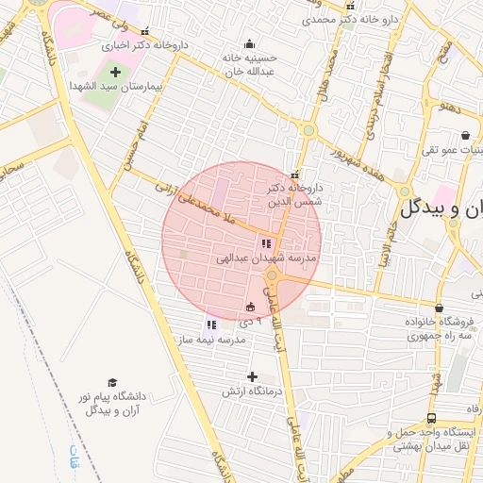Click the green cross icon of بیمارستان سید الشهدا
tap(116, 72)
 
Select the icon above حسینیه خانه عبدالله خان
tap(249, 43)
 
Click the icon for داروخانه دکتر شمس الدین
tap(294, 175)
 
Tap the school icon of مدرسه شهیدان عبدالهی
tap(264, 243)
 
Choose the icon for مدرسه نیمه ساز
tap(210, 325)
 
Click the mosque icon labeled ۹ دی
tap(250, 307)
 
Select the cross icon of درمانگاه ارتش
tap(252, 377)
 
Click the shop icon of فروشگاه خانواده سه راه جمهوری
tap(439, 308)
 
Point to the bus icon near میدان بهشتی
tap(431, 418)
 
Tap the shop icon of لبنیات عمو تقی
tap(464, 136)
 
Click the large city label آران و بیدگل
tap(441, 209)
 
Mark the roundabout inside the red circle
tap(273, 275)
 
